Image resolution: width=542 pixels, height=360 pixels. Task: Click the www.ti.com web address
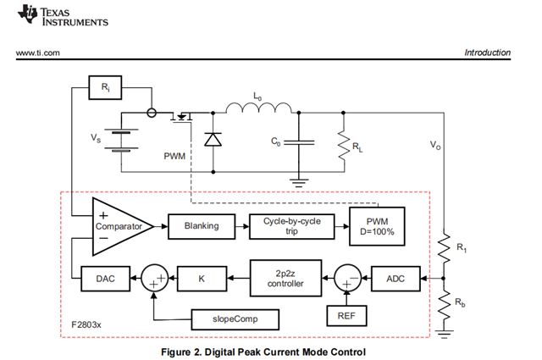(x=38, y=53)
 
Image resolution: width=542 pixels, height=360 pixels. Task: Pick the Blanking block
(x=200, y=226)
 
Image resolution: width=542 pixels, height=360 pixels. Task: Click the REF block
(x=346, y=317)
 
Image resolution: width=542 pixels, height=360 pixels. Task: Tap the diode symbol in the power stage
(x=210, y=139)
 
